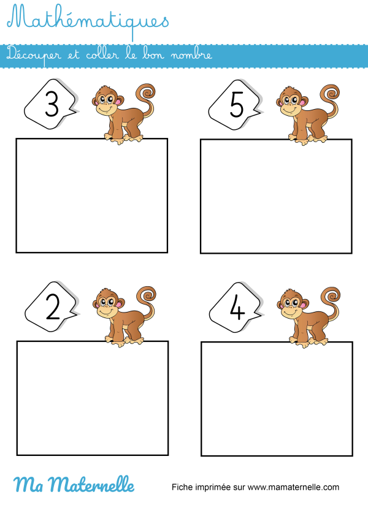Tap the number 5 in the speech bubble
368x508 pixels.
(x=237, y=107)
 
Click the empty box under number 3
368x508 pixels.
(x=92, y=195)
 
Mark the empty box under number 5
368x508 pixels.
(x=276, y=196)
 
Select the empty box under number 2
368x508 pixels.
(x=93, y=398)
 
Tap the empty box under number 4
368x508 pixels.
(x=277, y=399)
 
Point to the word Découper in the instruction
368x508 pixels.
(x=30, y=55)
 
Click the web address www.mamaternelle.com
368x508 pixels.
(x=294, y=488)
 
